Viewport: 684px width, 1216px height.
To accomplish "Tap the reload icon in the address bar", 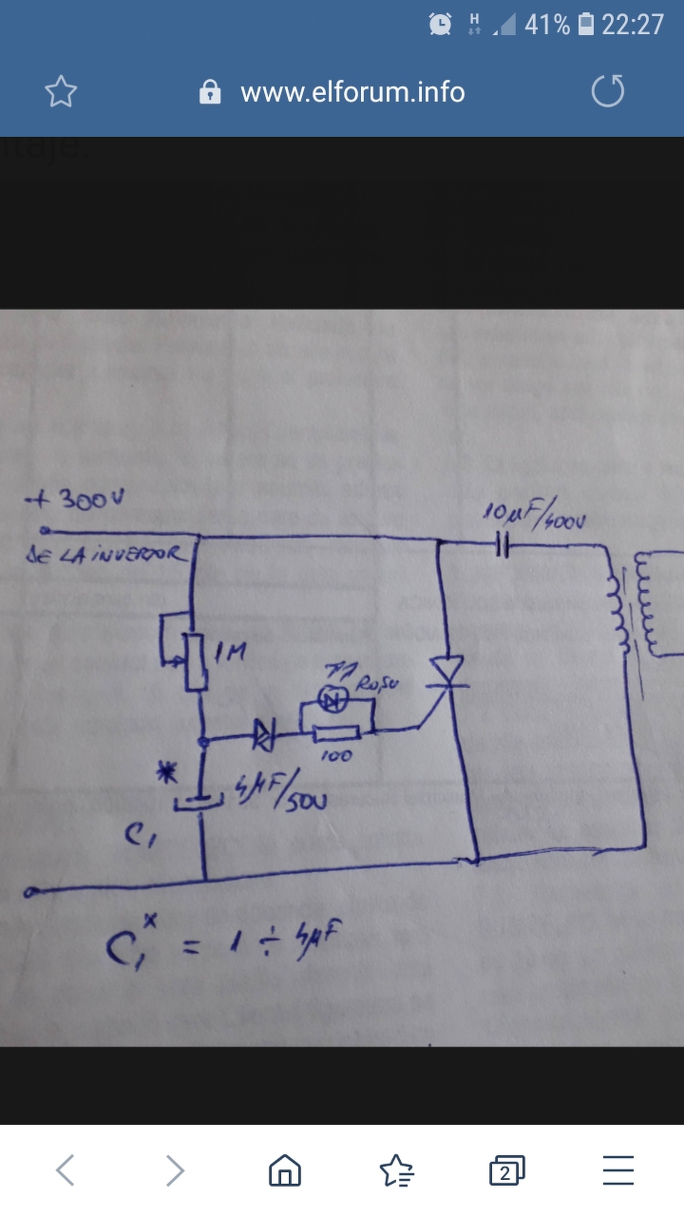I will pyautogui.click(x=608, y=91).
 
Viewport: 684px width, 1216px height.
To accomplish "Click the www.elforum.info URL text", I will pyautogui.click(x=352, y=92).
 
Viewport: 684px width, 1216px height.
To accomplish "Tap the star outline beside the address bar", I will pyautogui.click(x=62, y=92).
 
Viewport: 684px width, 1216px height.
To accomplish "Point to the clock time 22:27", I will pyautogui.click(x=633, y=25).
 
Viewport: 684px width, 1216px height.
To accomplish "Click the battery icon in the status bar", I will pyautogui.click(x=586, y=25).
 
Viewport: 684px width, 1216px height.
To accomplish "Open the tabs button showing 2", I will pyautogui.click(x=506, y=1171).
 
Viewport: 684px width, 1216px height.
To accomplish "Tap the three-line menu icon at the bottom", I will pyautogui.click(x=618, y=1170).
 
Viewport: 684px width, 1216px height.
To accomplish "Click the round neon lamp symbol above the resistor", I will pyautogui.click(x=333, y=701).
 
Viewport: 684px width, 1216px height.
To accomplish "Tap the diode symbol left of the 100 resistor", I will pyautogui.click(x=263, y=732).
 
